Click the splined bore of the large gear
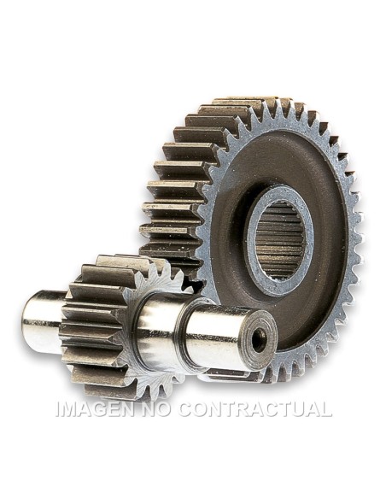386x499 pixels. point(278,233)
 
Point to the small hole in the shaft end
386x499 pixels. point(258,340)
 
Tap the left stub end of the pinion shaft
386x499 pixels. point(41,322)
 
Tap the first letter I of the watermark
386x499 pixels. point(59,409)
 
